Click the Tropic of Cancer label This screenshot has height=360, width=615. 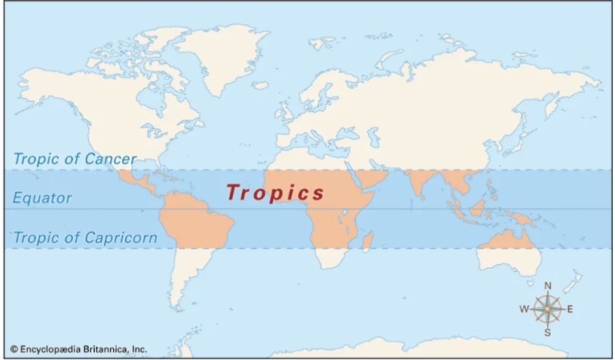(75, 159)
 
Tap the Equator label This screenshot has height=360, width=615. (42, 198)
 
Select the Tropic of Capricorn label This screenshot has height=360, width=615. (85, 238)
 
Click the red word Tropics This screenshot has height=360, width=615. (275, 193)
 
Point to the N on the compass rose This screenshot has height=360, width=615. (548, 285)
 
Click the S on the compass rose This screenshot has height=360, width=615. (548, 332)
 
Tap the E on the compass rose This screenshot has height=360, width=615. (571, 309)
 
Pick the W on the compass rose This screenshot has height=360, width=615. (524, 309)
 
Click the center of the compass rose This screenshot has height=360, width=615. (548, 309)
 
